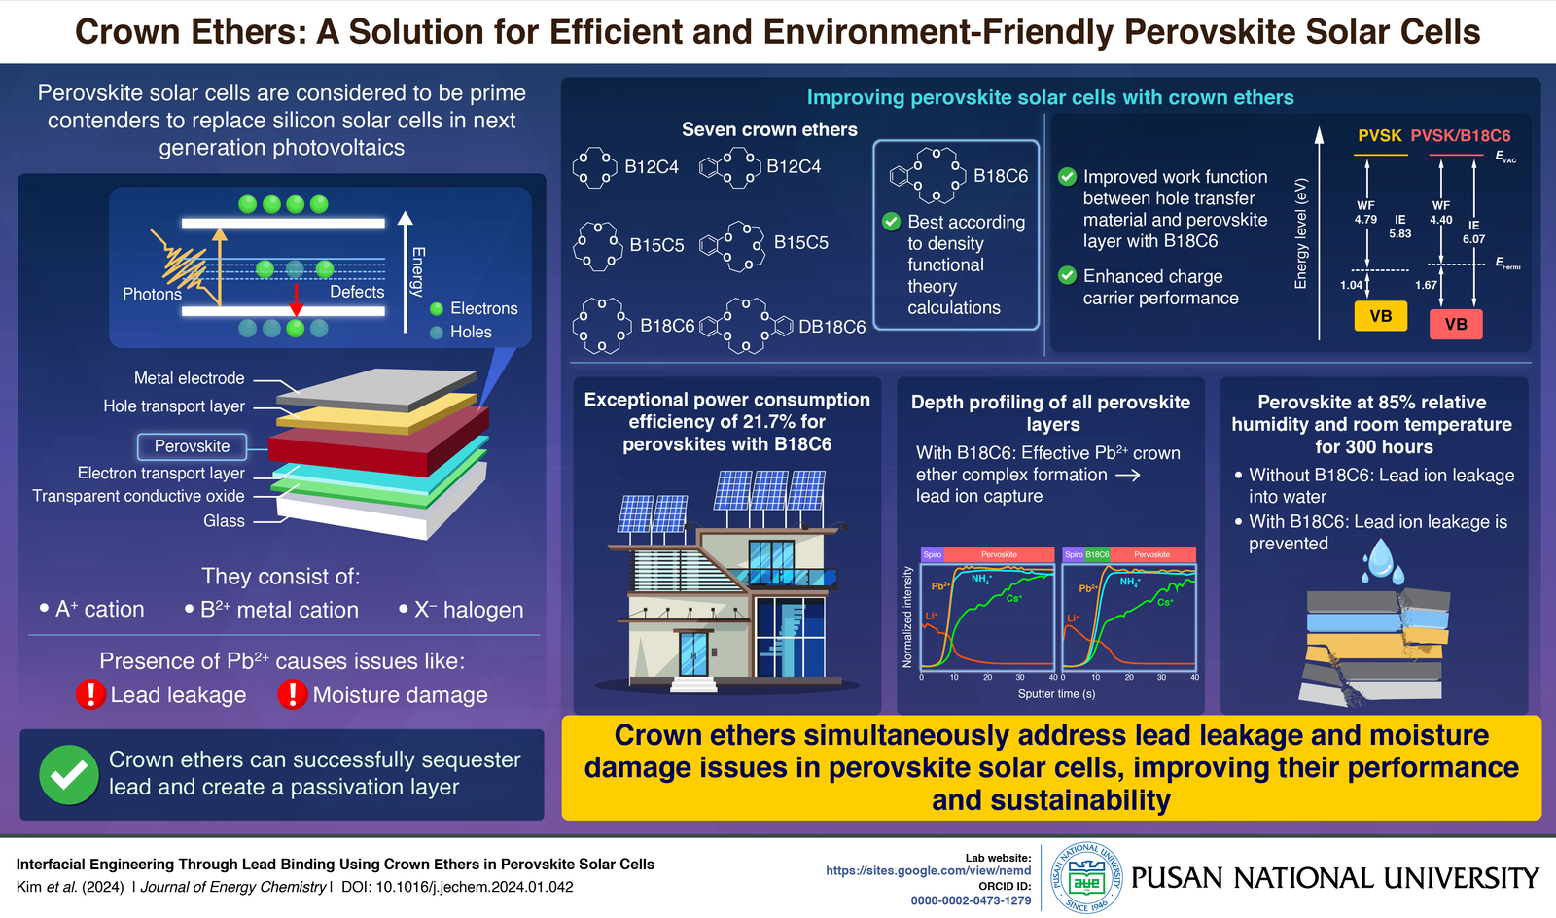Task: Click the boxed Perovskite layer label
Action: point(192,446)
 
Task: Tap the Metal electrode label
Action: point(189,378)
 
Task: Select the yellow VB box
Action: point(1380,316)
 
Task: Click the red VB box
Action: point(1456,324)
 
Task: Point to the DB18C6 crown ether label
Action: point(831,327)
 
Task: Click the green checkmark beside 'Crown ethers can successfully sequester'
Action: point(68,774)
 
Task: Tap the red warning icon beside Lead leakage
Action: point(90,694)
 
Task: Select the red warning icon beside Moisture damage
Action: point(292,694)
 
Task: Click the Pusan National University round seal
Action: point(1087,878)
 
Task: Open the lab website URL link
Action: point(928,871)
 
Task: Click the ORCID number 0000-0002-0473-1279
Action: point(971,900)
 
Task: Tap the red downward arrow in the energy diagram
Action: point(296,300)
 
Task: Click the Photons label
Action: point(152,294)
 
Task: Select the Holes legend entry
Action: point(471,332)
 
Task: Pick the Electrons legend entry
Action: point(483,308)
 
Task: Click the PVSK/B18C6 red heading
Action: point(1460,136)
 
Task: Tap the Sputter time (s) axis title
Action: point(1056,694)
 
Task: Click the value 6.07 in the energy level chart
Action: point(1473,239)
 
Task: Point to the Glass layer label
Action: point(224,521)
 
